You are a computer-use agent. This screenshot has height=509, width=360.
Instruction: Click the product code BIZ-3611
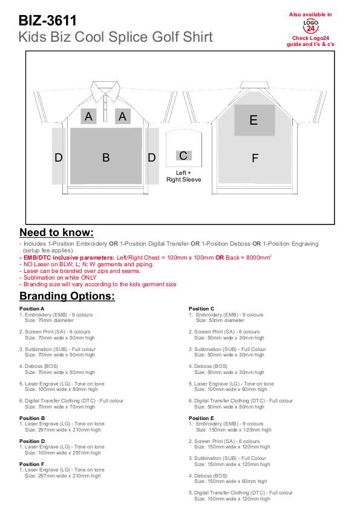point(47,21)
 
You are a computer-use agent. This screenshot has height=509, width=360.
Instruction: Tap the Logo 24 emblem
point(310,26)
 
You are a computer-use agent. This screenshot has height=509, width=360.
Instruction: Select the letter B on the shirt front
point(106,158)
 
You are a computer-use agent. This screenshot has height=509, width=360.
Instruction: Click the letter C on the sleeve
point(183,156)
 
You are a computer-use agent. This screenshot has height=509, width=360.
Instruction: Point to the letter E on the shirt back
point(254,120)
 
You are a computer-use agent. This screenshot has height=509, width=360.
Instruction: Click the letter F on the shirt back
point(255,158)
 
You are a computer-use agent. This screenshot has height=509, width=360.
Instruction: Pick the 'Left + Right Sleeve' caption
point(184,176)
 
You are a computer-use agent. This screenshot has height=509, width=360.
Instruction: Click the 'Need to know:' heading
point(56,232)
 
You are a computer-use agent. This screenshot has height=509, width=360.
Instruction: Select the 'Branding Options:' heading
point(67,296)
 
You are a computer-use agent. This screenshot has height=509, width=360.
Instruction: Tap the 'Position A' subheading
point(32,309)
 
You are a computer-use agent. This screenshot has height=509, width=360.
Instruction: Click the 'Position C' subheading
point(201,309)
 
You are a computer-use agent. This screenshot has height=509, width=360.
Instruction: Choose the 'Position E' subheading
point(201,418)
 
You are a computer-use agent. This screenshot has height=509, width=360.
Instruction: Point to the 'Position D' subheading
point(32,441)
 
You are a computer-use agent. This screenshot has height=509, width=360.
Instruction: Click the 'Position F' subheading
point(32,464)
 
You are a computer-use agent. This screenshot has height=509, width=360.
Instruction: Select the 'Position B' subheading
point(32,418)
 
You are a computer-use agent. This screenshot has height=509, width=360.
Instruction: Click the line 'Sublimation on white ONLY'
point(60,278)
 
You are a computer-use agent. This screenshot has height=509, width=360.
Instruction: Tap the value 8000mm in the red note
point(257,257)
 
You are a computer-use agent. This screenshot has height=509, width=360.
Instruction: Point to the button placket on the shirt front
point(105,108)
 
